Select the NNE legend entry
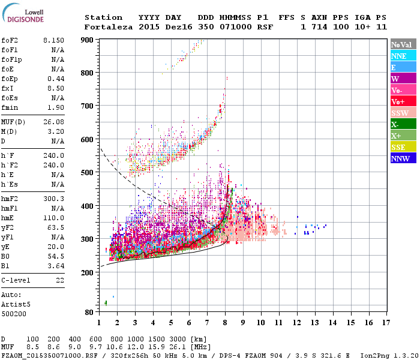pyautogui.click(x=404, y=56)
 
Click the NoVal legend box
pyautogui.click(x=404, y=44)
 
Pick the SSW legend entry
pyautogui.click(x=404, y=113)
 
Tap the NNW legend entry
pyautogui.click(x=404, y=158)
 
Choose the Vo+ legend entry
pyautogui.click(x=404, y=101)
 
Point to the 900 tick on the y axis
pyautogui.click(x=89, y=40)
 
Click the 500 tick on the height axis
pyautogui.click(x=89, y=173)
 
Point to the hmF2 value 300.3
pyautogui.click(x=55, y=199)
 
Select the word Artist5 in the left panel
pyautogui.click(x=14, y=304)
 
